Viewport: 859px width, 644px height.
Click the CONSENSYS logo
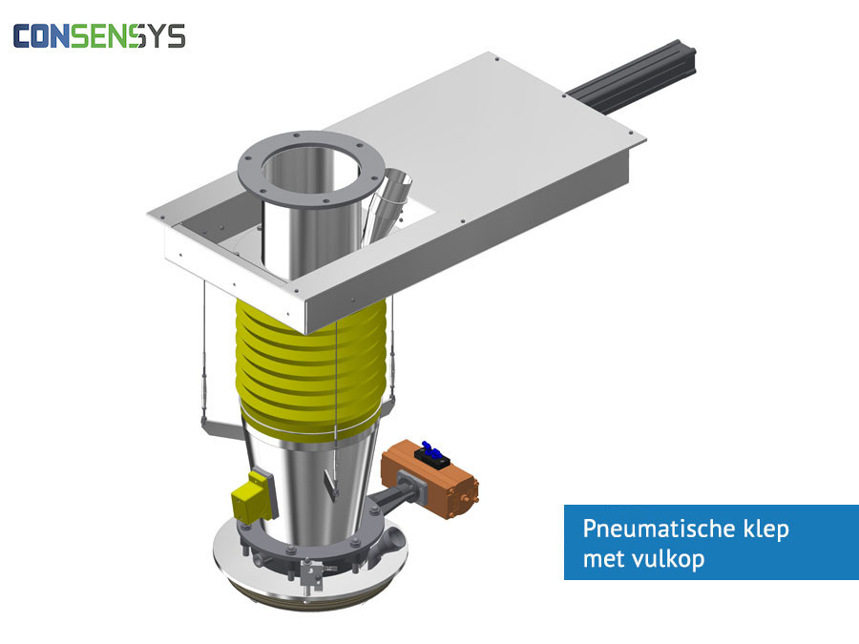(x=98, y=36)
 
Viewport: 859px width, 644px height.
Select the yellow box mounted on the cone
(x=251, y=496)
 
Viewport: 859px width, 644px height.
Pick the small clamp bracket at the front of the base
(x=308, y=571)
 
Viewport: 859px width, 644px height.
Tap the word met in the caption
(x=600, y=559)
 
